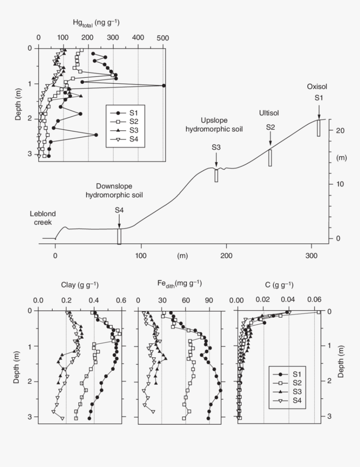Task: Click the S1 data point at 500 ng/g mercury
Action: coord(164,85)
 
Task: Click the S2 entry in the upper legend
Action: coord(125,121)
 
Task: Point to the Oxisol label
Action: coord(317,87)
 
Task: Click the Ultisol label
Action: coord(268,113)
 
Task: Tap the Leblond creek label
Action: coord(43,218)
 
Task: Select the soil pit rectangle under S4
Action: coord(119,236)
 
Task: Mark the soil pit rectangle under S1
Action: coord(319,128)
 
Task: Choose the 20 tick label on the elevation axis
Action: coord(340,131)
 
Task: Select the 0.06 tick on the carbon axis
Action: coord(314,300)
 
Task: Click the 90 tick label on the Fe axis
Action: coord(209,300)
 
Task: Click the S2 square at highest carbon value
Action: coord(319,312)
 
